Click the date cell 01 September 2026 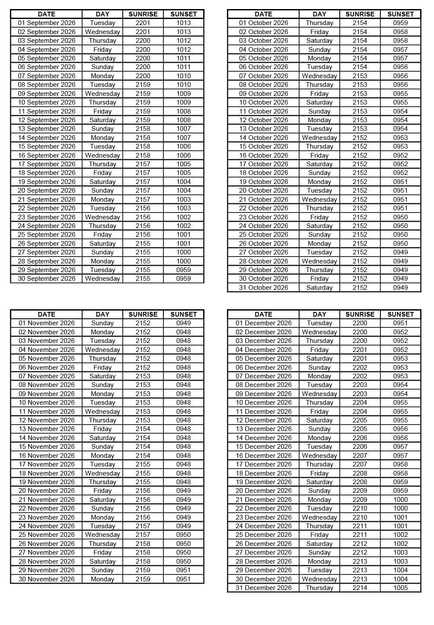coord(46,23)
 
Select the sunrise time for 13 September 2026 coord(143,129)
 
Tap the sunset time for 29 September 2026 coord(183,270)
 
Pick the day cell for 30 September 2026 coord(102,279)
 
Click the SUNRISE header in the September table coord(143,14)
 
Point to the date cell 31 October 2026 coord(263,288)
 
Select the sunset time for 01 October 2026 coord(400,23)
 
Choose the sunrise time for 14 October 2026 coord(360,138)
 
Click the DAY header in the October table coord(319,14)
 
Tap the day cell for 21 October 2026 coord(319,200)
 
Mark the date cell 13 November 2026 coord(46,429)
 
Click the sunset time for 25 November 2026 coord(183,535)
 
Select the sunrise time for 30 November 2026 coord(143,579)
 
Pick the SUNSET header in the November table coord(183,314)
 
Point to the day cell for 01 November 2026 coord(102,323)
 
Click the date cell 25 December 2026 coord(263,535)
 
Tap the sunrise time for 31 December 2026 coord(360,588)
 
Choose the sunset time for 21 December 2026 coord(400,500)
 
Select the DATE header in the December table coord(263,314)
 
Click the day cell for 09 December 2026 coord(319,394)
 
